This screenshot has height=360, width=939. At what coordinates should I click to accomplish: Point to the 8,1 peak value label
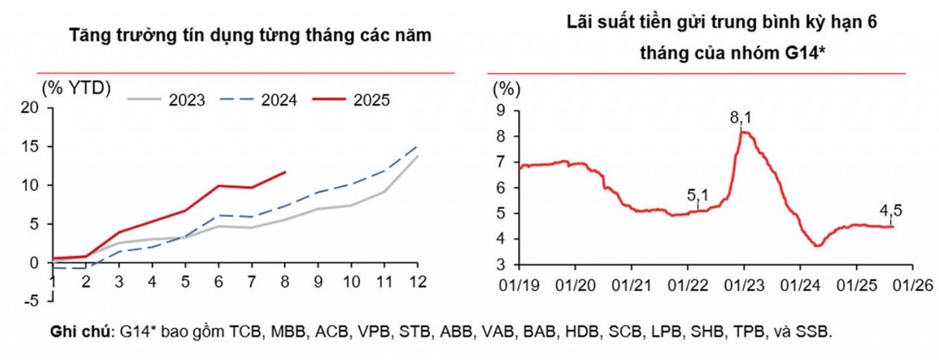[x=741, y=118]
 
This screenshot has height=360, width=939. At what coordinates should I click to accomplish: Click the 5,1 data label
[x=698, y=195]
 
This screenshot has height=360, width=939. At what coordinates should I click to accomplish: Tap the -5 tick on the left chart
[x=33, y=302]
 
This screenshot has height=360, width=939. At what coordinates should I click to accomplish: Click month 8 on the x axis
[x=285, y=281]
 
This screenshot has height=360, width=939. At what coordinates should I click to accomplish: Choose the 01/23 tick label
[x=744, y=285]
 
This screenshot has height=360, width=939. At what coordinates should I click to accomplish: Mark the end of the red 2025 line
[x=285, y=172]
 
